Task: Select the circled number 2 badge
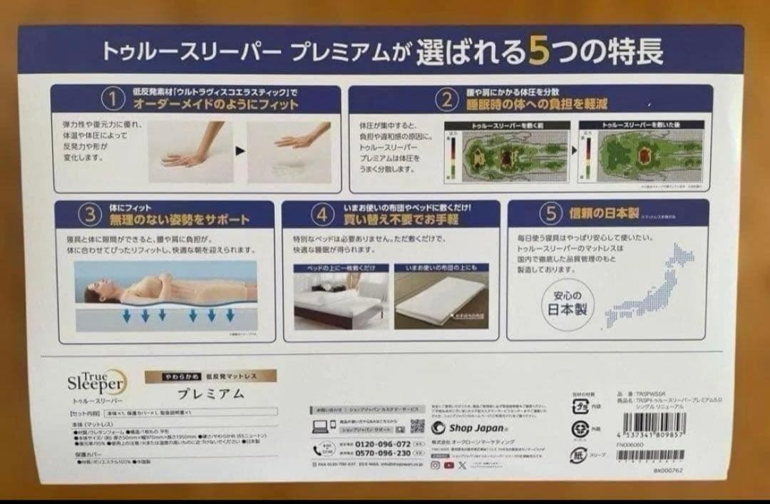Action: click(x=446, y=99)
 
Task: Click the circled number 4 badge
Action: click(x=323, y=215)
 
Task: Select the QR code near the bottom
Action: click(x=418, y=426)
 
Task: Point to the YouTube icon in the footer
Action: click(x=449, y=465)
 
